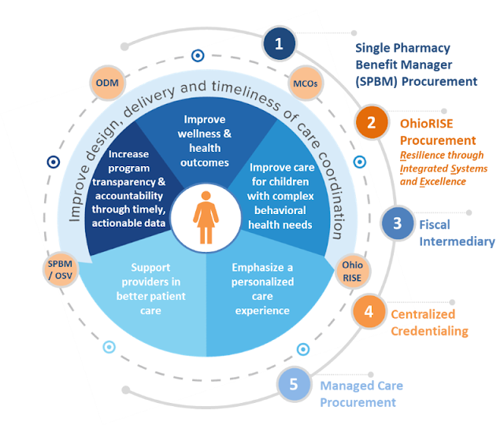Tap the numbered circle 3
[x=398, y=223]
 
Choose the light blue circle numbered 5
[x=294, y=385]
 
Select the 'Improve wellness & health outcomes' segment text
[x=205, y=141]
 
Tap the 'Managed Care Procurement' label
[x=361, y=394]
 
